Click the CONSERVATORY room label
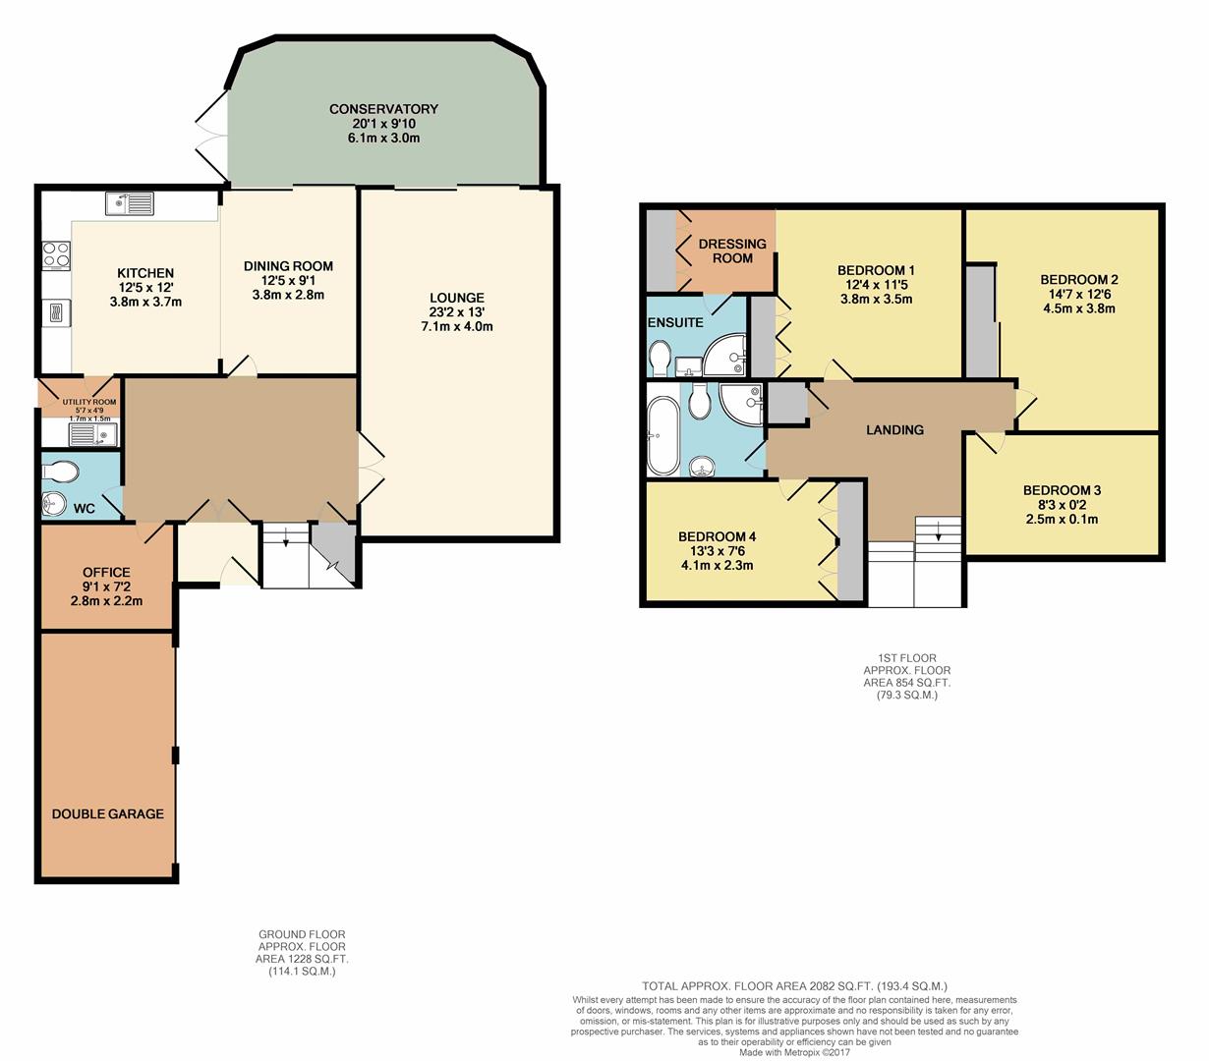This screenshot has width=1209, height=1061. [x=383, y=109]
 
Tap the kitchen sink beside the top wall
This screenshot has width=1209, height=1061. [x=130, y=203]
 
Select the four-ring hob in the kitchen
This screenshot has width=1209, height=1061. [x=56, y=255]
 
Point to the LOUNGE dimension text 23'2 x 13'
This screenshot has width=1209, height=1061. [x=456, y=312]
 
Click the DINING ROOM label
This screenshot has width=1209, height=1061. [x=288, y=266]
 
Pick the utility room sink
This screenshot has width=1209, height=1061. [x=93, y=434]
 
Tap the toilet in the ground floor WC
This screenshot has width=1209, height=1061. [x=61, y=473]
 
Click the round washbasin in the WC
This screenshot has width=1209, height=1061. [x=54, y=505]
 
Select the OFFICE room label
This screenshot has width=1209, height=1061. [x=107, y=573]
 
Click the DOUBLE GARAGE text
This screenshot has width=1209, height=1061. [x=107, y=814]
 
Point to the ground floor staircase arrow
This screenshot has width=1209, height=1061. [x=285, y=535]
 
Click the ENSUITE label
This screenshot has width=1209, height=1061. [x=675, y=322]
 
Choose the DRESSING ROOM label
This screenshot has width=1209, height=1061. [x=732, y=251]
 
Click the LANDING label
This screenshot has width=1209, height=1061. [x=894, y=430]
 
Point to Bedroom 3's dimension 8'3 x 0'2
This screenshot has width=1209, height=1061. [x=1062, y=505]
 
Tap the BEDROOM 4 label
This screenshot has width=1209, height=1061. [x=717, y=536]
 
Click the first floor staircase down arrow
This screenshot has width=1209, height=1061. [x=939, y=530]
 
